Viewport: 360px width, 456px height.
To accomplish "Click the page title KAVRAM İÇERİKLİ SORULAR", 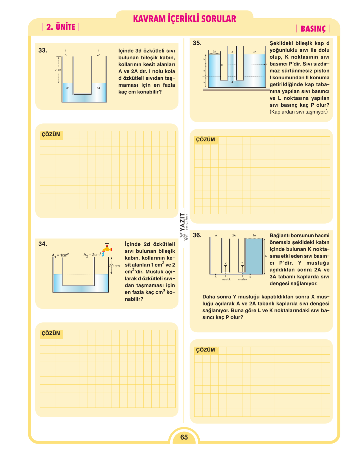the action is pyautogui.click(x=184, y=19).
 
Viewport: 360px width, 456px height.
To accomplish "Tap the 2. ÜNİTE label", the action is pyautogui.click(x=61, y=27).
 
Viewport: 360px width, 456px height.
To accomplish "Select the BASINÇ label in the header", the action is pyautogui.click(x=313, y=29).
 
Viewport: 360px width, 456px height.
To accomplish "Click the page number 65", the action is pyautogui.click(x=184, y=437).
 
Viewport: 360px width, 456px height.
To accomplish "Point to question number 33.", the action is pyautogui.click(x=43, y=51).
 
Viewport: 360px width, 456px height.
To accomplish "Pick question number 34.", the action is pyautogui.click(x=43, y=244).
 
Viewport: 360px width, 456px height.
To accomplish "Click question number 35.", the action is pyautogui.click(x=197, y=43).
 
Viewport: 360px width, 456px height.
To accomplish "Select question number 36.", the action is pyautogui.click(x=197, y=235).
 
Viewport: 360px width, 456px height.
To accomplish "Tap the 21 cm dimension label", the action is pyautogui.click(x=58, y=70).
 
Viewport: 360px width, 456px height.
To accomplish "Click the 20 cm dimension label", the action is pyautogui.click(x=114, y=266).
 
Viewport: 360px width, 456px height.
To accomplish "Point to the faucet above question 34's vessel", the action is pyautogui.click(x=107, y=248).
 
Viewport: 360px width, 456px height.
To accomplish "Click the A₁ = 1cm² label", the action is pyautogui.click(x=60, y=255).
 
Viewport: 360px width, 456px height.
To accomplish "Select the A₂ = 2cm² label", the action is pyautogui.click(x=92, y=254).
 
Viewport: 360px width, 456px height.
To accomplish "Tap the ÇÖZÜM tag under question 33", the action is pyautogui.click(x=51, y=134).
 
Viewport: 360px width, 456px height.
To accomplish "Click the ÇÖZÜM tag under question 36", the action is pyautogui.click(x=205, y=350).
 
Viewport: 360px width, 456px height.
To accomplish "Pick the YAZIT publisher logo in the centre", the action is pyautogui.click(x=184, y=226).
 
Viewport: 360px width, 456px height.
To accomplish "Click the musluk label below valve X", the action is pyautogui.click(x=226, y=279).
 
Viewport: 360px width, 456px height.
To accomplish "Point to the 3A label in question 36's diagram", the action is pyautogui.click(x=254, y=235).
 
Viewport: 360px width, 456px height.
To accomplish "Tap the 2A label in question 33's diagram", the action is pyautogui.click(x=99, y=55).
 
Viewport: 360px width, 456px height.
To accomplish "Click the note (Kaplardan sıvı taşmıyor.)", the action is pyautogui.click(x=298, y=112).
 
